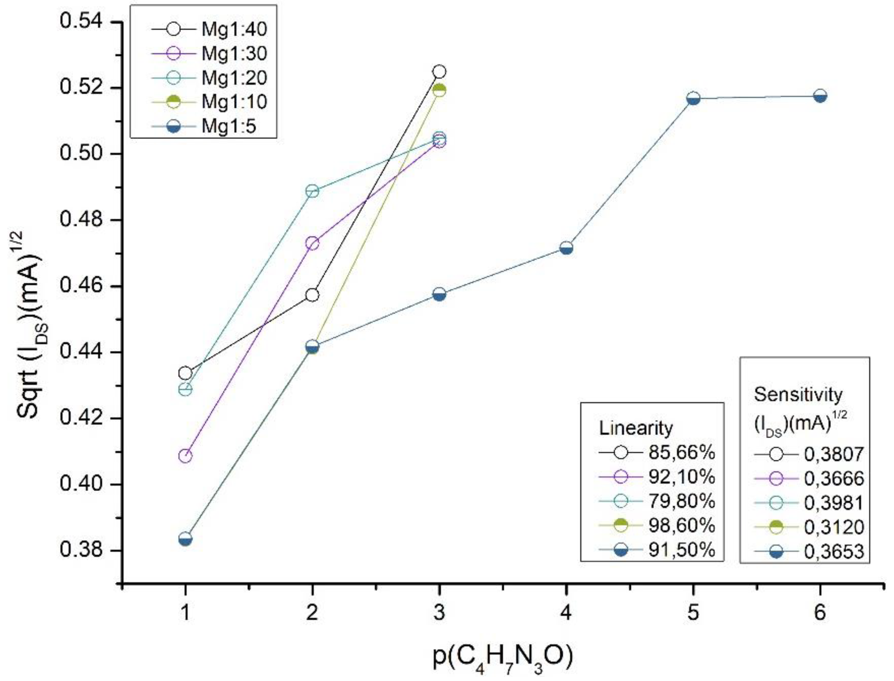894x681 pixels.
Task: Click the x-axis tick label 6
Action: click(x=820, y=612)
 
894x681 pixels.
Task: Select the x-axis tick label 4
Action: click(x=566, y=612)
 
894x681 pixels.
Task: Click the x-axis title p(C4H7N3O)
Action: click(x=503, y=658)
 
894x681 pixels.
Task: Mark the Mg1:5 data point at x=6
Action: click(x=820, y=96)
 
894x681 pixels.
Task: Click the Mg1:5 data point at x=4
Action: click(x=566, y=248)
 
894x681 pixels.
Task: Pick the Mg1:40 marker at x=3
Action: click(x=439, y=72)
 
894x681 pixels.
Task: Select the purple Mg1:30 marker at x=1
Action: click(x=185, y=456)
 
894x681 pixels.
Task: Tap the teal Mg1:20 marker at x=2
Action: click(x=312, y=190)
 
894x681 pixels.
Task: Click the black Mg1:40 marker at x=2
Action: click(x=312, y=295)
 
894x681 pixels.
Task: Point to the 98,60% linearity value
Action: click(x=681, y=525)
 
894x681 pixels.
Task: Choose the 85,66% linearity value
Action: click(x=681, y=452)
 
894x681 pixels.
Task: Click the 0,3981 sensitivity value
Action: click(x=834, y=503)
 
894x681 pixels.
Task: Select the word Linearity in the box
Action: click(x=636, y=428)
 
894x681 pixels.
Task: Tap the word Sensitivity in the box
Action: click(x=798, y=395)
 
